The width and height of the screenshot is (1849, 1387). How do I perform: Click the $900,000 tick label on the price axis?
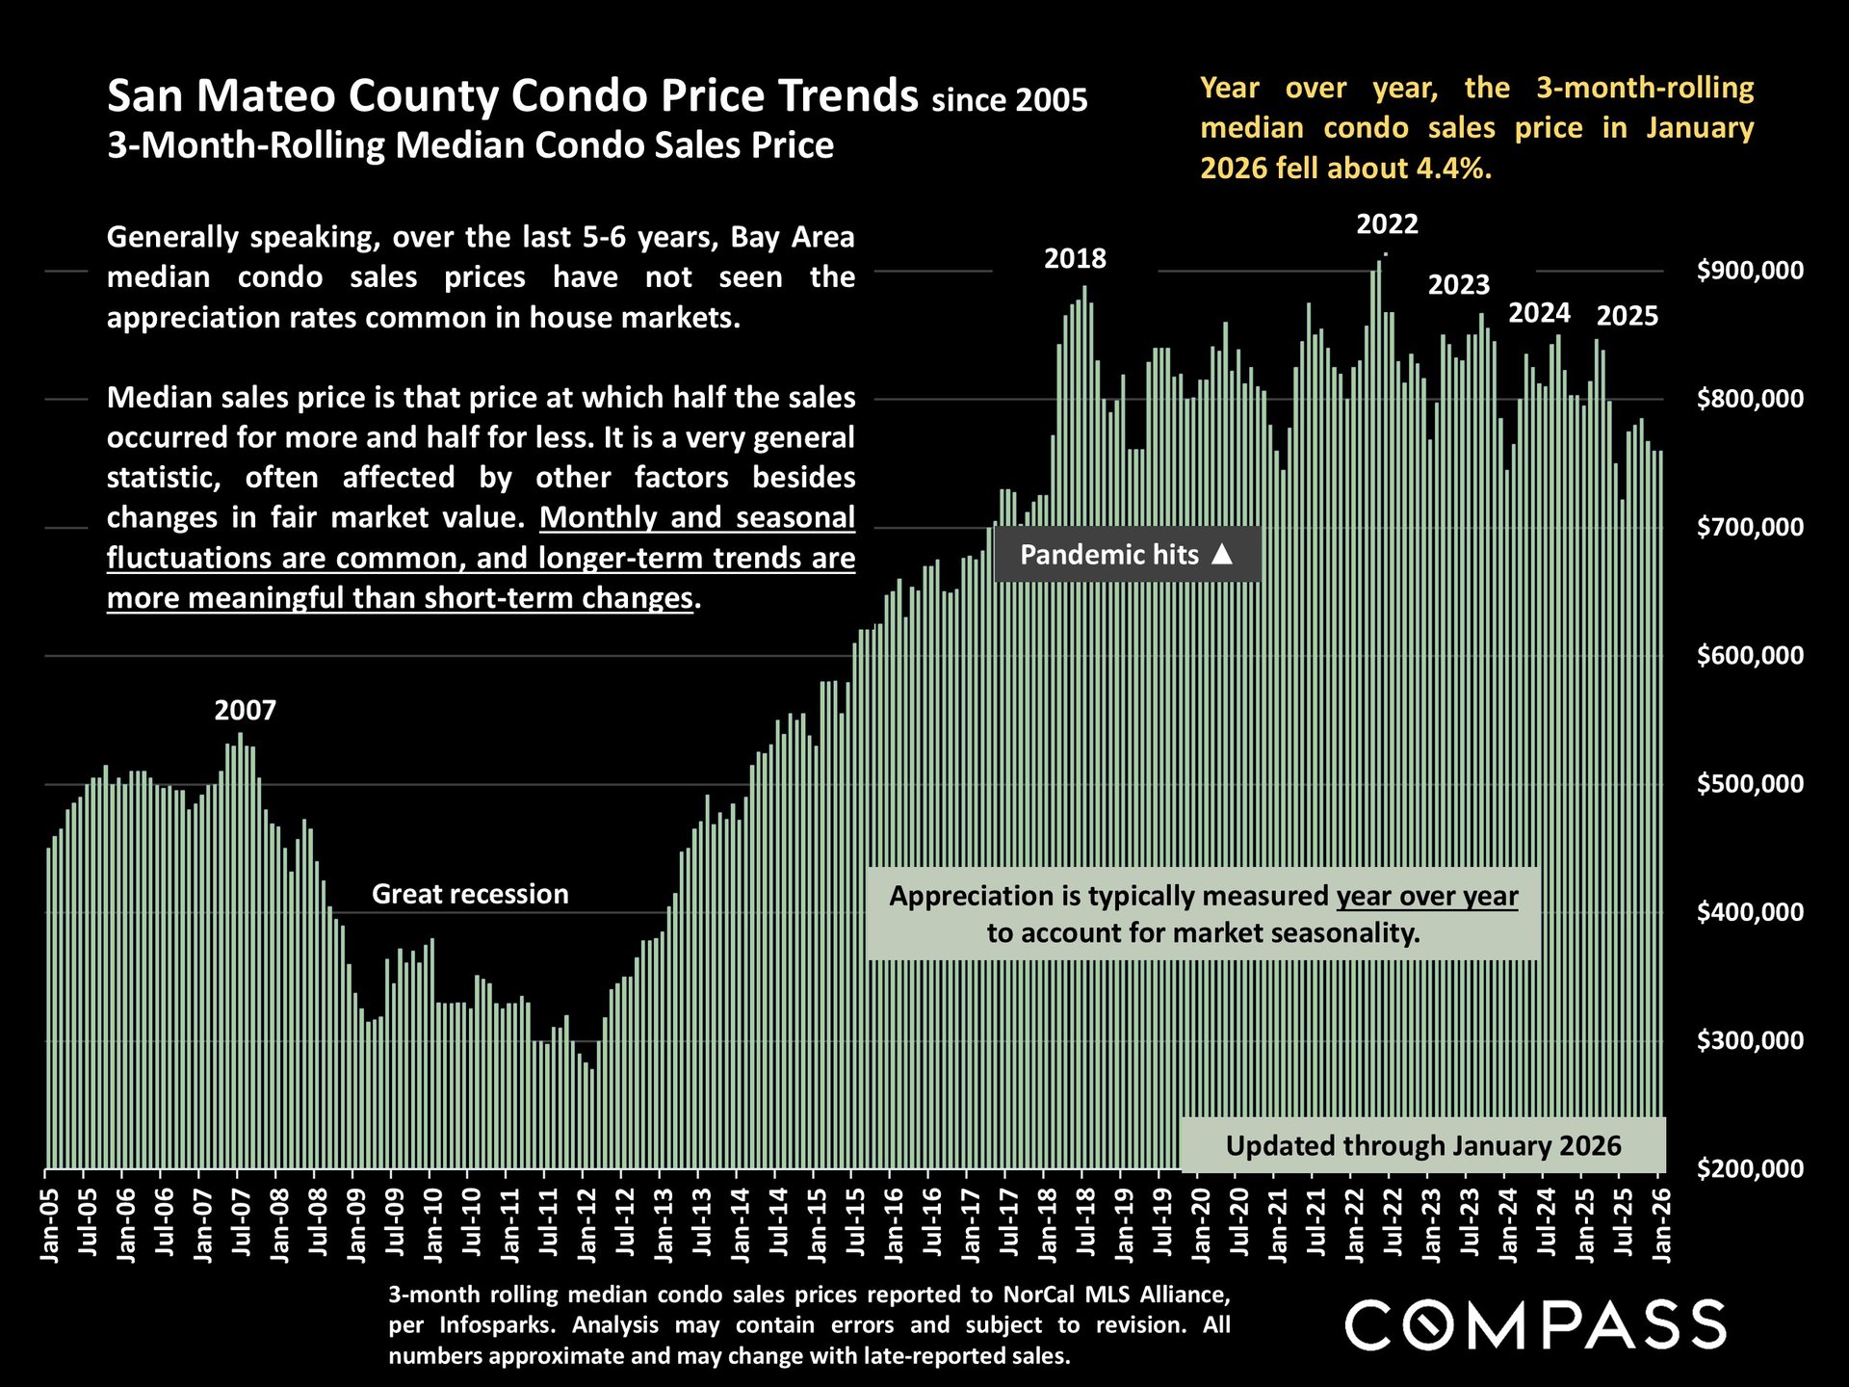click(x=1750, y=271)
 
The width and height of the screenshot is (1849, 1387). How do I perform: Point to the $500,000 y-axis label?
click(x=1750, y=784)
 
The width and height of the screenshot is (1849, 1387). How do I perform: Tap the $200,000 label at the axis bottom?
click(x=1750, y=1169)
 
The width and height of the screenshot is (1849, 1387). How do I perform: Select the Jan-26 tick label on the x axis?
click(x=1661, y=1223)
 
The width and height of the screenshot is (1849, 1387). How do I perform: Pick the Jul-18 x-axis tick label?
click(x=1085, y=1223)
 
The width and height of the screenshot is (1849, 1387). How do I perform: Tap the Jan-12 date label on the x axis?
click(x=586, y=1223)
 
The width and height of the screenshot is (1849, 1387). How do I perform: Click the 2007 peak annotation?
click(x=245, y=711)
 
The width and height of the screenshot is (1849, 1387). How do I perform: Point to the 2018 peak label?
click(x=1075, y=259)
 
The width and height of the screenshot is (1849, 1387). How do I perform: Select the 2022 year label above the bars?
click(x=1387, y=224)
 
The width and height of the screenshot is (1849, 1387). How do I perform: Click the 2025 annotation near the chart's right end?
click(x=1628, y=316)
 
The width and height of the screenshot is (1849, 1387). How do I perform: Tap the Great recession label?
click(x=470, y=894)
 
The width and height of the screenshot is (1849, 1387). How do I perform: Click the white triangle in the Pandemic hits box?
click(x=1222, y=554)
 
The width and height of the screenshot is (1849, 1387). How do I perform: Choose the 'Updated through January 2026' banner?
click(x=1422, y=1145)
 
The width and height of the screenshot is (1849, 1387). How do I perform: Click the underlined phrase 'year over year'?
click(x=1426, y=897)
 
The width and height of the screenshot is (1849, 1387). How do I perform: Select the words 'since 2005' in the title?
click(x=1009, y=100)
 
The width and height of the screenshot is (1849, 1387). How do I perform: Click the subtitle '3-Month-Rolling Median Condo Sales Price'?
click(x=470, y=145)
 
